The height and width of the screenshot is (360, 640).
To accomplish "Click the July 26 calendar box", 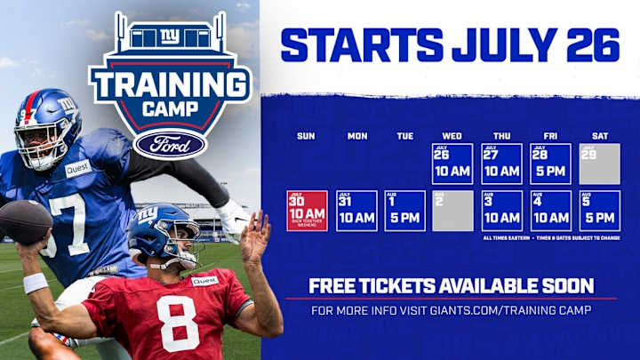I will pos(452,164).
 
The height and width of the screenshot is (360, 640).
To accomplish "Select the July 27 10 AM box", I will pos(501,164).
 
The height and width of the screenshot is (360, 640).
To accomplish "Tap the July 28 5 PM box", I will pos(550,164).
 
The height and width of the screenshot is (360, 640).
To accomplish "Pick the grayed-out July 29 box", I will pos(599,164).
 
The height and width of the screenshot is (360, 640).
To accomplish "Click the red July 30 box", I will pos(307,211).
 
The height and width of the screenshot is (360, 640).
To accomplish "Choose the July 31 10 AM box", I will pos(356,211).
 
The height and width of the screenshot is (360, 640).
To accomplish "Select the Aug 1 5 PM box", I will pos(404,211).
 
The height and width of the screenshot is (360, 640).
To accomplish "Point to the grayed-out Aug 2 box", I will pos(452,211).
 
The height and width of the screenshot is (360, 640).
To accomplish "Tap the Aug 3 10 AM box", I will pos(501,211).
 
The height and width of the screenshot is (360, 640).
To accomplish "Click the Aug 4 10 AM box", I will pos(550,211).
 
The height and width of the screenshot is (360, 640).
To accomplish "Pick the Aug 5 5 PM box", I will pos(599,211).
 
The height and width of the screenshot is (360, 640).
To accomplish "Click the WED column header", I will pos(452,136).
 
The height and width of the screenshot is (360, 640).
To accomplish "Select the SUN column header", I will pos(306,136).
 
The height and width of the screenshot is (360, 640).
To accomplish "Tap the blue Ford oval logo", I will pos(170,143).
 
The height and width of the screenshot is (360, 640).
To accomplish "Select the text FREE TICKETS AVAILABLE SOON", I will pos(450,285).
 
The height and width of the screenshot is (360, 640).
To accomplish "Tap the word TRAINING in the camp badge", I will pos(170,87).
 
